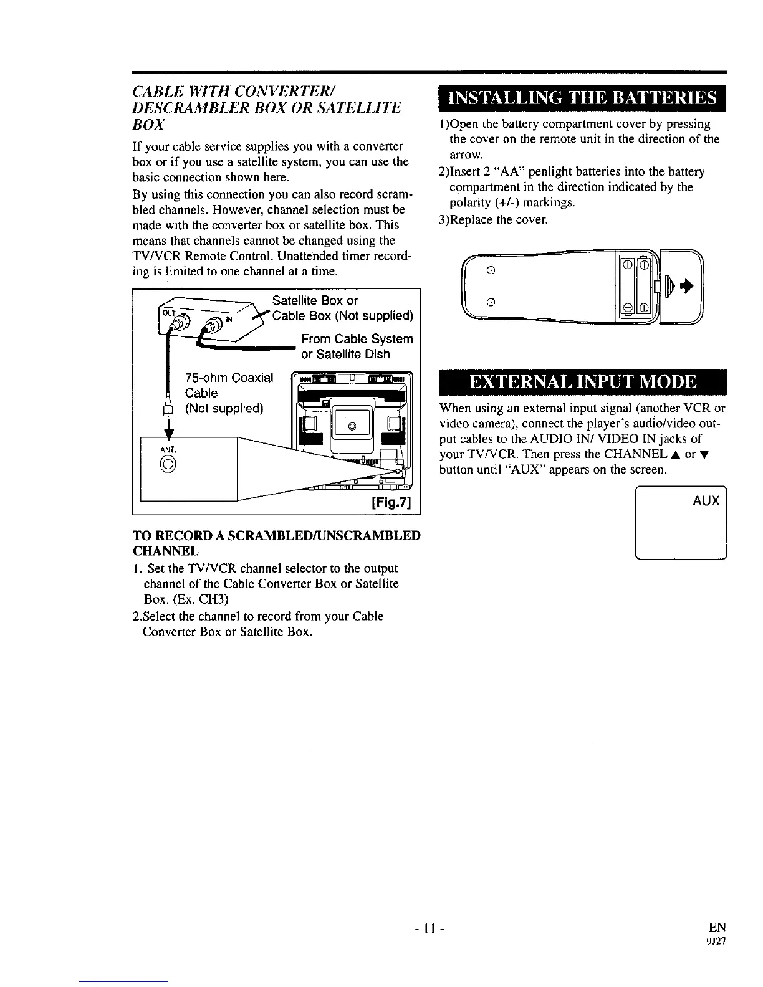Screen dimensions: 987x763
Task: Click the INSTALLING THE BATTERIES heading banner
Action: (583, 98)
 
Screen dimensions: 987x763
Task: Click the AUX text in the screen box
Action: (706, 501)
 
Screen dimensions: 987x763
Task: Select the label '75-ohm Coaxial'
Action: (229, 378)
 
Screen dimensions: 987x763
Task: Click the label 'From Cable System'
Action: (357, 339)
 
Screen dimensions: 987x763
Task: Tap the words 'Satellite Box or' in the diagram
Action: (315, 301)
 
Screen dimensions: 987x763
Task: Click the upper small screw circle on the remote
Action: (491, 270)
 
